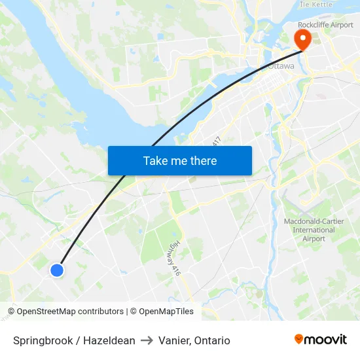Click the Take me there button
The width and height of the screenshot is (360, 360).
tap(180, 160)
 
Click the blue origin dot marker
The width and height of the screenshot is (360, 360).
tap(57, 270)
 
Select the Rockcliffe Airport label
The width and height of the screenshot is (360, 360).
tap(325, 25)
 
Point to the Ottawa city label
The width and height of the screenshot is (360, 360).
tap(281, 66)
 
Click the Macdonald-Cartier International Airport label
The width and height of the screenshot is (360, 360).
tap(309, 230)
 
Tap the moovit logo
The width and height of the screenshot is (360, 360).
tap(320, 339)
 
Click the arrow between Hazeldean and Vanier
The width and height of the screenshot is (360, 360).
tap(147, 340)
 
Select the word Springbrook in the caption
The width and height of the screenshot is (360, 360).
tap(41, 340)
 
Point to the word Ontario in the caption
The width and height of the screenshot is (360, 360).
tap(212, 340)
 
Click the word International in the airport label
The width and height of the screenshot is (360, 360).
tap(309, 230)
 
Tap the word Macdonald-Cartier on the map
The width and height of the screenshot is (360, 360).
tap(309, 221)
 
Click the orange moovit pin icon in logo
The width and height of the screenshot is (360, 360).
tap(299, 339)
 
